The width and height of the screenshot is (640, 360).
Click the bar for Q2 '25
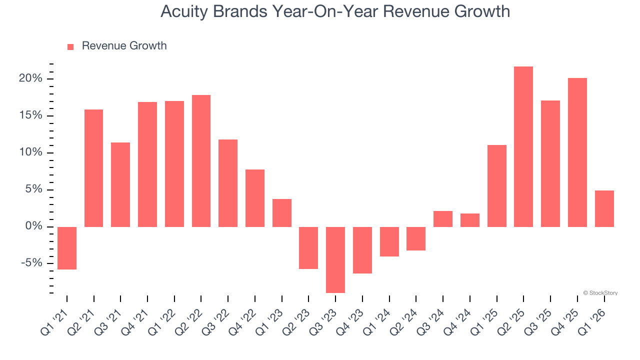coord(523,146)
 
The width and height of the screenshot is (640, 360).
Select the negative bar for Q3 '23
coord(335,259)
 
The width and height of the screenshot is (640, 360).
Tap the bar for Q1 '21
coord(67,248)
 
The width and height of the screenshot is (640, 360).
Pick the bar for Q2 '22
coord(201,160)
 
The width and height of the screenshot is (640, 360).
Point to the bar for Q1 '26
coord(604,208)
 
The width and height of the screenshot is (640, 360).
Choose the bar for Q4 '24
coord(470,220)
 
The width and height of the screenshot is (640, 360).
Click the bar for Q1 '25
coord(496,185)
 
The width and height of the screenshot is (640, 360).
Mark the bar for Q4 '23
coord(362,250)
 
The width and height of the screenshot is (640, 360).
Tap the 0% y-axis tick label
coord(35,226)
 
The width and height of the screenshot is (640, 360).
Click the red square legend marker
coord(70,46)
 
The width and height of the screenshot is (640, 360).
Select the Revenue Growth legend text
coord(124,46)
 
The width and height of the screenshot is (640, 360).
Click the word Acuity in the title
coord(183,11)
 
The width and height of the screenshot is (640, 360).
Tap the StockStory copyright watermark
coord(600,293)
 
